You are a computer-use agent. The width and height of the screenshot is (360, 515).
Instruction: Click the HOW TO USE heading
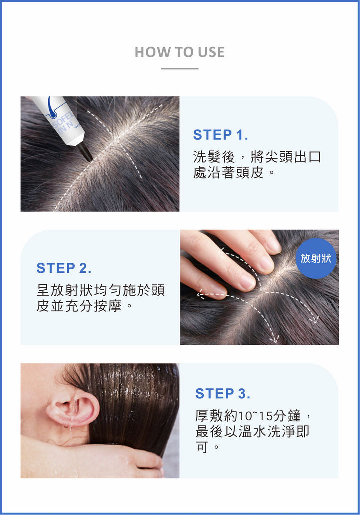click(180, 52)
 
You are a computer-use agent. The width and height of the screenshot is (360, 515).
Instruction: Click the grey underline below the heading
click(180, 69)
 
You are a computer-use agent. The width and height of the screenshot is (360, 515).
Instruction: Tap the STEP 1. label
click(220, 135)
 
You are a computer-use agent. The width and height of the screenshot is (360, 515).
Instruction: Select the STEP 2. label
click(64, 268)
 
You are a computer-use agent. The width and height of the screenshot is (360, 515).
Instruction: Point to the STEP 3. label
click(223, 393)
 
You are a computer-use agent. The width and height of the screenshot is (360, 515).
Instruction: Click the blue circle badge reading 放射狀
click(316, 259)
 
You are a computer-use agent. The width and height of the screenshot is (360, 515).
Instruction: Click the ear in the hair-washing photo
click(72, 409)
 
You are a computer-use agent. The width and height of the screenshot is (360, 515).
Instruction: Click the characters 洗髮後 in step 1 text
click(214, 157)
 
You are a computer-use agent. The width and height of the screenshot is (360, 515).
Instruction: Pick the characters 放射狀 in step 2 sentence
click(72, 290)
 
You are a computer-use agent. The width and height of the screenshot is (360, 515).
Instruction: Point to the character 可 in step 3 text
click(202, 447)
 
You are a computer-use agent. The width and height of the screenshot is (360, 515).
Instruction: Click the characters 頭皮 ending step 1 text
click(250, 172)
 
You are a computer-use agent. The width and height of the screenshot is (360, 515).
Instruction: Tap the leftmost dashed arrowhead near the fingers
click(201, 294)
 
